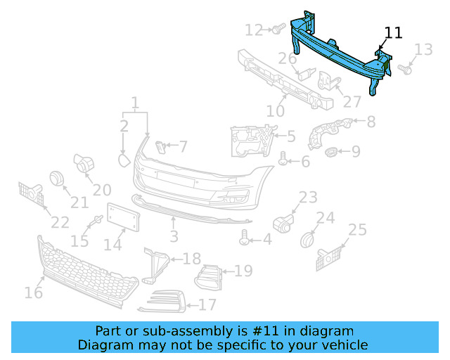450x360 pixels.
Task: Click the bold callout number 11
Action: click(394, 32)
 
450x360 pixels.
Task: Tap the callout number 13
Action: click(423, 49)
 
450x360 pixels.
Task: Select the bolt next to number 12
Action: click(276, 29)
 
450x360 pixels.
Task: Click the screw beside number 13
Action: click(405, 69)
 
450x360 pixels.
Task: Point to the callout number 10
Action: click(275, 110)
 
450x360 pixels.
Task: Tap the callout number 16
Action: click(33, 291)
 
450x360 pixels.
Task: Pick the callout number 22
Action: click(60, 222)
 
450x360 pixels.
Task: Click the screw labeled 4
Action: click(245, 239)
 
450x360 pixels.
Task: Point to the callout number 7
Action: click(183, 147)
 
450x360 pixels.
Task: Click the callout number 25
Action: click(357, 230)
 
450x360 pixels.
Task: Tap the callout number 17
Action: click(207, 305)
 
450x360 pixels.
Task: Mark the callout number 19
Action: click(243, 271)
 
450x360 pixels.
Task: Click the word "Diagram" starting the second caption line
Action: click(104, 345)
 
